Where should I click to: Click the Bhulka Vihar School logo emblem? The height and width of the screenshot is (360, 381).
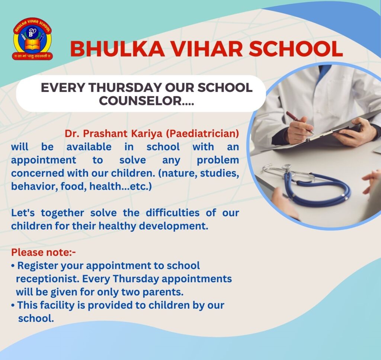point(32,39)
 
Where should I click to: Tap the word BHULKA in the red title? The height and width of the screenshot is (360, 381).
point(117,49)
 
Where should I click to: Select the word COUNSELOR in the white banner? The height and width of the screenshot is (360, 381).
point(140,100)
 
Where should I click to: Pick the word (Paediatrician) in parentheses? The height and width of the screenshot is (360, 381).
point(202,134)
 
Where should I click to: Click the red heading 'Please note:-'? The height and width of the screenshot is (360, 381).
point(44,253)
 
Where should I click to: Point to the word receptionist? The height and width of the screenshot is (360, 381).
point(48,279)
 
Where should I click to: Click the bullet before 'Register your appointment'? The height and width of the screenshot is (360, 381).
point(13,266)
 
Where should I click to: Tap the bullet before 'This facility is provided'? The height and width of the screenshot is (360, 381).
point(13,305)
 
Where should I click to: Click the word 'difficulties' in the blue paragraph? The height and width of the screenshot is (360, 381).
point(173,213)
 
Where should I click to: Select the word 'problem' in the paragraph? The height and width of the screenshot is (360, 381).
point(218,160)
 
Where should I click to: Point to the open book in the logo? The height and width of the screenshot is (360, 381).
point(32,45)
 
